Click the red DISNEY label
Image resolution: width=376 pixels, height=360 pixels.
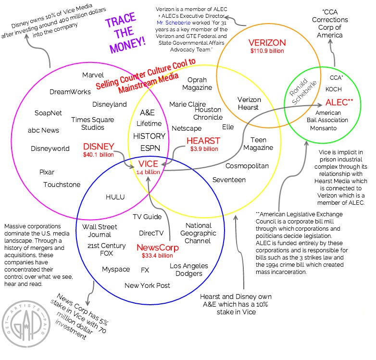[99, 146]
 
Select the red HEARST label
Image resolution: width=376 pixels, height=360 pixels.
[203, 141]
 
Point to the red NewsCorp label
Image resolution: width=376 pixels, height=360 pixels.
[158, 248]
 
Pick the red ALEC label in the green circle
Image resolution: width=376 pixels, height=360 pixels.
[339, 102]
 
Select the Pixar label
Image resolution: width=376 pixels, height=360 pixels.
[47, 172]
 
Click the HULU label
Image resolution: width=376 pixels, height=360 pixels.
[115, 197]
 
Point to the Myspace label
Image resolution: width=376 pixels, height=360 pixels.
[116, 269]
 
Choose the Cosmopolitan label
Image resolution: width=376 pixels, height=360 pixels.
[247, 165]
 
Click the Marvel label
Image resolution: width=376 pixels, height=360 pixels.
[93, 75]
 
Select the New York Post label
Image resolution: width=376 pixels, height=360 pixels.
[147, 286]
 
